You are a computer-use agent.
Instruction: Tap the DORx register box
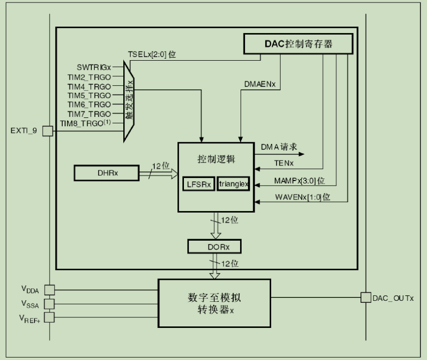215,247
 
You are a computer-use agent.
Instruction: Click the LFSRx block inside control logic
198,184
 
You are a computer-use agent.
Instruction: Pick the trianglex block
233,184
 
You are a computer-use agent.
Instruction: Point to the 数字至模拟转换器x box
215,302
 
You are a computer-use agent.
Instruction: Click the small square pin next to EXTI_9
48,131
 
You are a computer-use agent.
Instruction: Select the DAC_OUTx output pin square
366,298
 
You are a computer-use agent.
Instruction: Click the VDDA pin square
49,290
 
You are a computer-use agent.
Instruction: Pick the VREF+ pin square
49,317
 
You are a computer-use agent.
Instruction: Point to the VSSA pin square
49,303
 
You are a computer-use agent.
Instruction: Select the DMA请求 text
279,147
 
